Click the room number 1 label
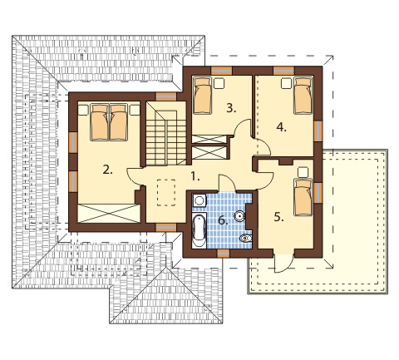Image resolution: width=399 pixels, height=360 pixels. [x=195, y=176]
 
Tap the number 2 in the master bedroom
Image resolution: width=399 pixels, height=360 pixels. [x=107, y=170]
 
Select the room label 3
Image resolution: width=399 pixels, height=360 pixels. [x=231, y=108]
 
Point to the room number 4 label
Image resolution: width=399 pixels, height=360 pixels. [x=281, y=127]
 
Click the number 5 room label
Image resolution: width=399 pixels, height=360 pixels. [x=279, y=217]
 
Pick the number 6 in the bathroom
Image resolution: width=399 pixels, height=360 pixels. [x=223, y=220]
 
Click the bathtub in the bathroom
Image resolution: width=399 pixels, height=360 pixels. [x=199, y=230]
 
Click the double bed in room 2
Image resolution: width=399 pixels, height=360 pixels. [x=109, y=122]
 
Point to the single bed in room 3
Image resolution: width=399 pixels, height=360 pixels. [x=202, y=96]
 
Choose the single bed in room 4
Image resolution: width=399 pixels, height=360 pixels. [x=303, y=96]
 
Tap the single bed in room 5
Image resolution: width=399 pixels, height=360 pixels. [x=303, y=197]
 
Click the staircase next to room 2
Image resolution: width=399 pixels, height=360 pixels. [x=166, y=133]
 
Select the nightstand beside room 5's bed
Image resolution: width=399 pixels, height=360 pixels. [x=303, y=172]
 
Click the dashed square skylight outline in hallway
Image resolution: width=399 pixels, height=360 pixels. [x=166, y=193]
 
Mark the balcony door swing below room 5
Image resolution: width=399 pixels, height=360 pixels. [x=283, y=264]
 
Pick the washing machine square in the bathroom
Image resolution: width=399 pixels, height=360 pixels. [x=199, y=200]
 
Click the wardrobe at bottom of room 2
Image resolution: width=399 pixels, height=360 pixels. [x=109, y=213]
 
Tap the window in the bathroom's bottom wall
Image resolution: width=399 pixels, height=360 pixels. [x=223, y=254]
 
